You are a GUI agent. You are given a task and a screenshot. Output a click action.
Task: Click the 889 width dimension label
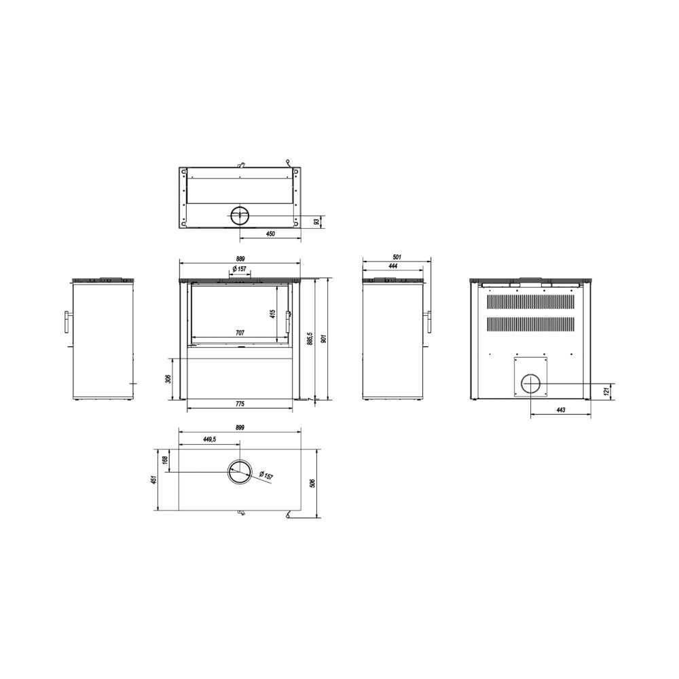pyautogui.click(x=240, y=259)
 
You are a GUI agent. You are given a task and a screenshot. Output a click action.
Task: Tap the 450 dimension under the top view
pyautogui.click(x=270, y=234)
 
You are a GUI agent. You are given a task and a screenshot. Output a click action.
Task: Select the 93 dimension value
pyautogui.click(x=316, y=221)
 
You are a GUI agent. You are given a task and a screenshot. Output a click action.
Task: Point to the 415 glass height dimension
pyautogui.click(x=272, y=314)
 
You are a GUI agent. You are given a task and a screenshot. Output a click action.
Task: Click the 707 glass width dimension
pyautogui.click(x=240, y=333)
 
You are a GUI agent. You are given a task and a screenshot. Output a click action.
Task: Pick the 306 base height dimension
pyautogui.click(x=169, y=378)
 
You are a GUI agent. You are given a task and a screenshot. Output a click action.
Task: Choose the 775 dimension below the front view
pyautogui.click(x=240, y=404)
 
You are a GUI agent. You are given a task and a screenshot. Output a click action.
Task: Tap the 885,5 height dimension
pyautogui.click(x=309, y=339)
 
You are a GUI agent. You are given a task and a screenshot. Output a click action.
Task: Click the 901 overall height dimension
pyautogui.click(x=323, y=339)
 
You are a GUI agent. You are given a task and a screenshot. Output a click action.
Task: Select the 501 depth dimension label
pyautogui.click(x=397, y=257)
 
